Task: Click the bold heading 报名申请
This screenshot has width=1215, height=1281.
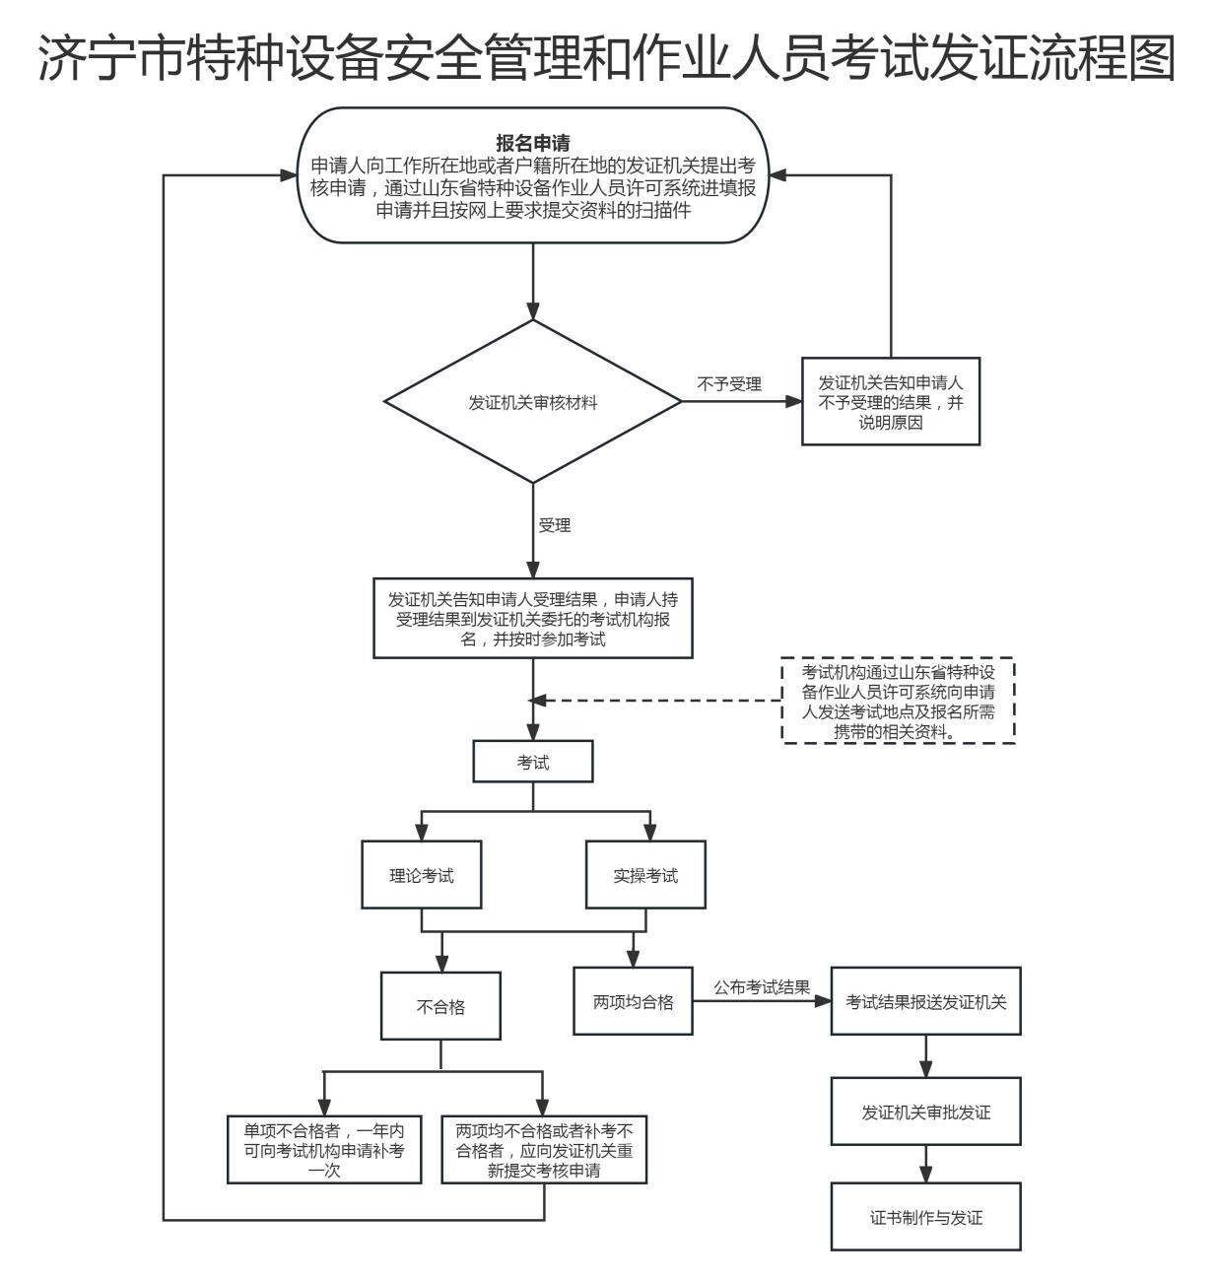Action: pos(533,144)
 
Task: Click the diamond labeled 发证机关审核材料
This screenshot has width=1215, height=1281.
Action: pos(532,402)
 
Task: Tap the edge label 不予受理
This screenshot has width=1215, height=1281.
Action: pos(729,384)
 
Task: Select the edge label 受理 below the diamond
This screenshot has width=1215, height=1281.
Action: pos(555,525)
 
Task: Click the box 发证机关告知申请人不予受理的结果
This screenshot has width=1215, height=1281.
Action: pos(891,402)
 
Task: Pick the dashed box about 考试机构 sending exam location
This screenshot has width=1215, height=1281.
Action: pos(898,701)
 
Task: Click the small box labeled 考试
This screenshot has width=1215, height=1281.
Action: pos(533,762)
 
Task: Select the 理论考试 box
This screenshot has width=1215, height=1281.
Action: pos(422,875)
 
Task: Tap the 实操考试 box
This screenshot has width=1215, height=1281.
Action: pos(645,875)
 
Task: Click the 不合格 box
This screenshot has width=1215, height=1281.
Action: pos(440,1006)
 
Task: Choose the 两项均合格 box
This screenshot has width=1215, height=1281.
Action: pos(633,1001)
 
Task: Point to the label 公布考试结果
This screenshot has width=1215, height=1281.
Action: pos(762,987)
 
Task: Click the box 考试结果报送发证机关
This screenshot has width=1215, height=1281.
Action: pos(925,1001)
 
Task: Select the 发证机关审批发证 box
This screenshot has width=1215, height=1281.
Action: pos(925,1112)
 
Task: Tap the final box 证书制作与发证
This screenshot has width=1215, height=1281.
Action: pos(925,1217)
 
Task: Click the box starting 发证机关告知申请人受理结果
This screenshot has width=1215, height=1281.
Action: pos(533,619)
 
